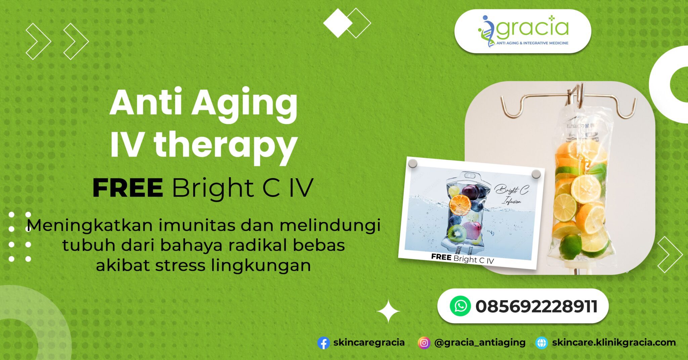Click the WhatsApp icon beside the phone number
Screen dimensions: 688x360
pyautogui.click(x=460, y=306)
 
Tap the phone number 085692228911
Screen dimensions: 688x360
pyautogui.click(x=536, y=306)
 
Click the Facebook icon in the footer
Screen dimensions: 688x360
pyautogui.click(x=323, y=343)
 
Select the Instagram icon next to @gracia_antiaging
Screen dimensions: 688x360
pyautogui.click(x=424, y=343)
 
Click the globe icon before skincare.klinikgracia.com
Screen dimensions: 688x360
pyautogui.click(x=542, y=343)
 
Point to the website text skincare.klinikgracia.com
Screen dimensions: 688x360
pyautogui.click(x=614, y=343)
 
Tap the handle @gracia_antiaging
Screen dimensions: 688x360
pyautogui.click(x=480, y=343)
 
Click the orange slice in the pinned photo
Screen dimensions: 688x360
pyautogui.click(x=460, y=205)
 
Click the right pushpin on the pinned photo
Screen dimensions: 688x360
pyautogui.click(x=536, y=174)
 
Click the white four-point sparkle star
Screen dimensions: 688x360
pyautogui.click(x=388, y=311)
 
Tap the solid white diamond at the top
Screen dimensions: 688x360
pyautogui.click(x=338, y=23)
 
